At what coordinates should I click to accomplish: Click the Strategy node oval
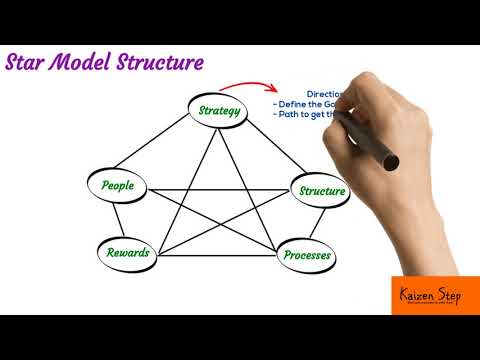218,110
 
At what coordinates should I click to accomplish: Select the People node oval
127,186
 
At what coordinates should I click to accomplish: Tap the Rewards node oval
128,252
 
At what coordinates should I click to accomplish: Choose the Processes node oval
307,256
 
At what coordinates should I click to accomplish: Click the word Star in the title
27,63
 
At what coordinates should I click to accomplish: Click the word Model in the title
84,63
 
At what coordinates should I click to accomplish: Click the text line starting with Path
300,115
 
